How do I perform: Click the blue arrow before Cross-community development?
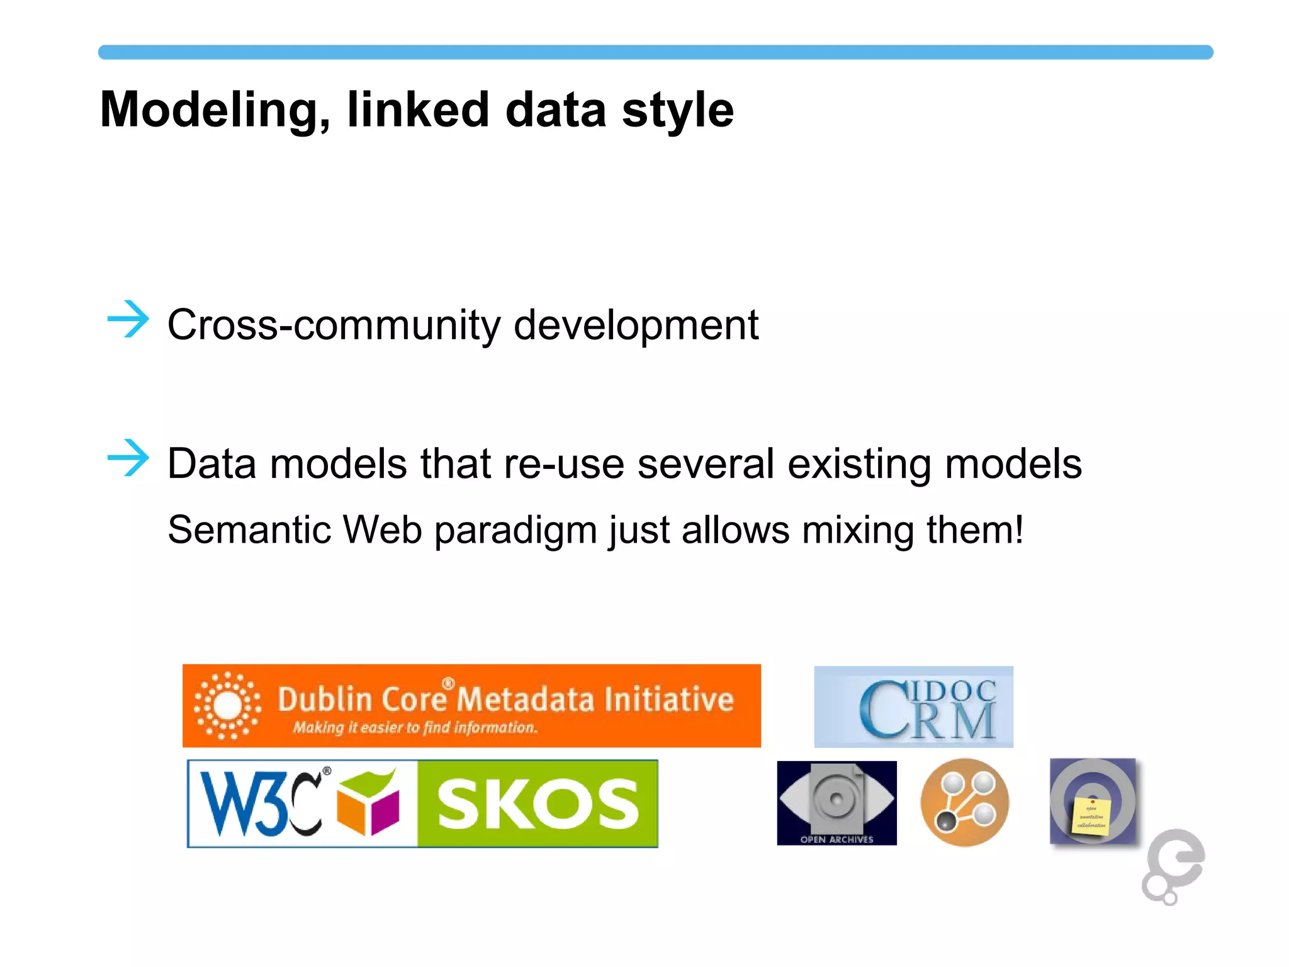click(x=128, y=319)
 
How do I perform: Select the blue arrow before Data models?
click(x=128, y=458)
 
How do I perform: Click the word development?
click(x=636, y=325)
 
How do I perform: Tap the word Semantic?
click(x=249, y=529)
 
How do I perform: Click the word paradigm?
click(x=515, y=531)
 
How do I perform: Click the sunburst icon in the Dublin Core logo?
click(x=227, y=706)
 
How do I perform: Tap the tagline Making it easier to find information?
click(x=415, y=728)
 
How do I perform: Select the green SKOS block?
click(x=538, y=804)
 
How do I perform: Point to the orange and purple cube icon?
click(x=369, y=804)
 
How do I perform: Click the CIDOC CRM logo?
click(x=913, y=707)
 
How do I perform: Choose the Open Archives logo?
click(x=836, y=803)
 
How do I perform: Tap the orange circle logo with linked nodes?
click(x=964, y=803)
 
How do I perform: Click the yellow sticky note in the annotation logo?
click(x=1090, y=817)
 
